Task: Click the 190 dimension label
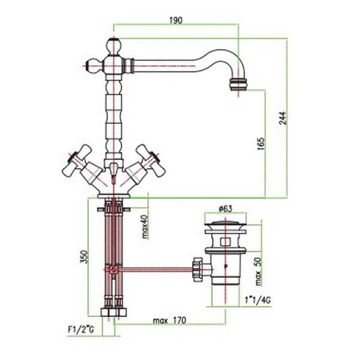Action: pos(176,20)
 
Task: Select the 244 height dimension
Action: pos(283,118)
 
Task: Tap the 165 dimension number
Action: pos(261,144)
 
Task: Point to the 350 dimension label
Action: pos(84,256)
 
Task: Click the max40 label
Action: pos(145,227)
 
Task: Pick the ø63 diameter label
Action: pos(225,209)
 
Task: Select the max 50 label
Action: pos(258,271)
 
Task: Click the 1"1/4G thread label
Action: pos(257,300)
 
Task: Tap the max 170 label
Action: pos(170,320)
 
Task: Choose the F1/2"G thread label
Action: pos(81,330)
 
